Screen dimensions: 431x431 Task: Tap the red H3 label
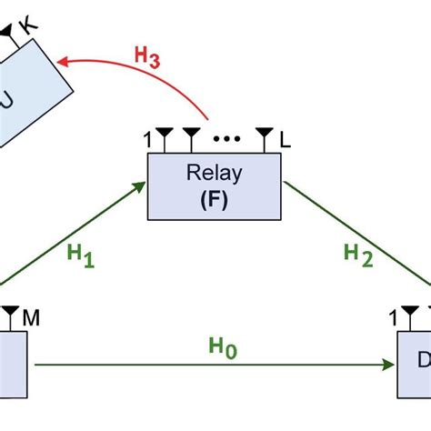point(147,55)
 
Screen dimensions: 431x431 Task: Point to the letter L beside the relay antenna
point(286,140)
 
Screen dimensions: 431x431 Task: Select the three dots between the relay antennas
point(226,140)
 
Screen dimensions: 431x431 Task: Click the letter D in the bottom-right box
point(424,361)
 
